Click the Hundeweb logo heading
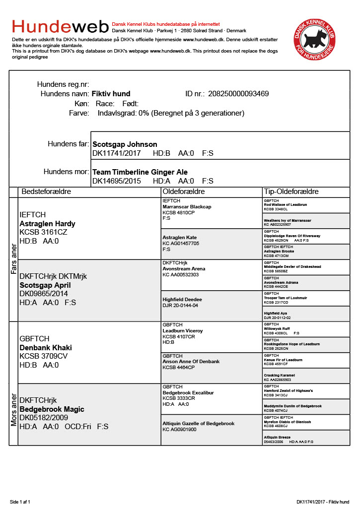pyautogui.click(x=61, y=26)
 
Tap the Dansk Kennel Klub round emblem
pyautogui.click(x=314, y=39)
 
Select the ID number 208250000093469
pyautogui.click(x=238, y=94)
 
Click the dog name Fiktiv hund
pyautogui.click(x=111, y=94)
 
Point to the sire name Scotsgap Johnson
pyautogui.click(x=125, y=144)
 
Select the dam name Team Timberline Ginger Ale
pyautogui.click(x=140, y=172)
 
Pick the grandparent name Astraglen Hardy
pyautogui.click(x=47, y=224)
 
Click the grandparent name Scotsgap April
pyautogui.click(x=45, y=285)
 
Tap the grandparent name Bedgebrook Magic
pyautogui.click(x=52, y=409)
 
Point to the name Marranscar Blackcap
pyautogui.click(x=187, y=207)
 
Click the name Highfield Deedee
pyautogui.click(x=182, y=300)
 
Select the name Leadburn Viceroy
pyautogui.click(x=183, y=331)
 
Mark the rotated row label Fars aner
pyautogui.click(x=13, y=259)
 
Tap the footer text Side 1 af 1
pyautogui.click(x=20, y=502)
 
